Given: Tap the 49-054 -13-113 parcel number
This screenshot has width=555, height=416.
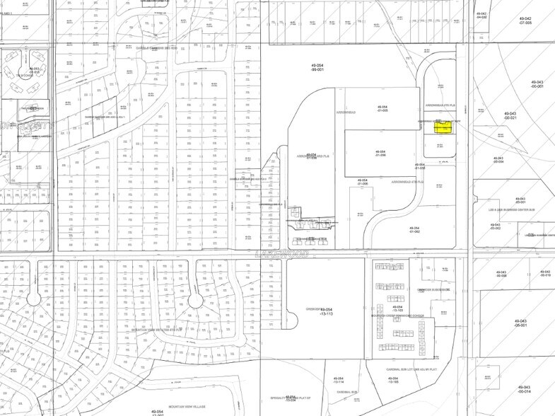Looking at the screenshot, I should point(326,312).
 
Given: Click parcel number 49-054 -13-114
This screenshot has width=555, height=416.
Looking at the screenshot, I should point(338,381).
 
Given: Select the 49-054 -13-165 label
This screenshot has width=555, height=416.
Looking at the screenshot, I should point(393,381).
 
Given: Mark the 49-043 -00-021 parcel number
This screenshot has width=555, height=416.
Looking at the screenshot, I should point(510,115).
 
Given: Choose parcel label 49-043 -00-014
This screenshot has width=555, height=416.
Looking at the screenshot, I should point(524,389).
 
